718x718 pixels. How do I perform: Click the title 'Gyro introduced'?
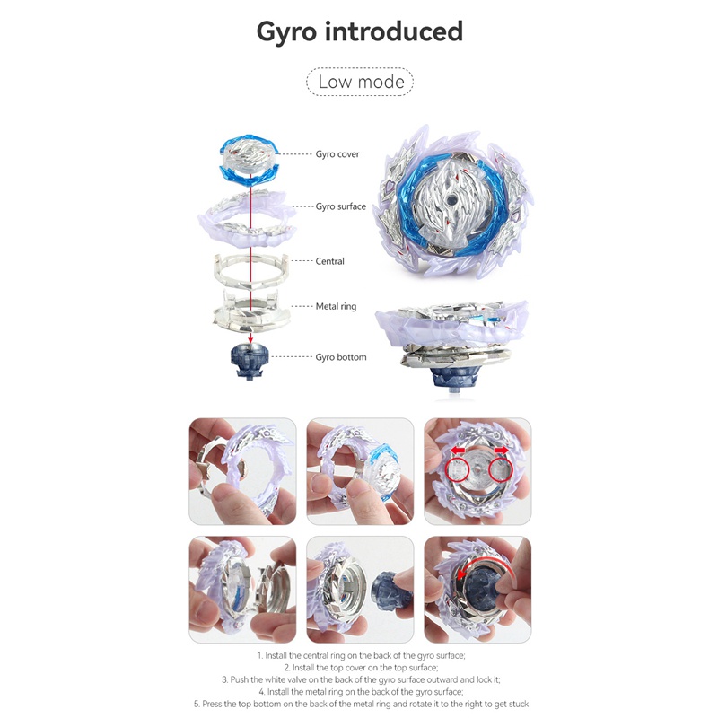coord(359,32)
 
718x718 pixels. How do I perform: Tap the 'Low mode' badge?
coord(360,83)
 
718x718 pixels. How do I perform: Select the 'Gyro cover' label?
coord(337,154)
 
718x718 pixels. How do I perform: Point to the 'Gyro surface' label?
coord(341,206)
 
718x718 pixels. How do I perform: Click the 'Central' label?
coord(330,261)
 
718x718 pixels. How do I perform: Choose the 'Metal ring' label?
coord(336,306)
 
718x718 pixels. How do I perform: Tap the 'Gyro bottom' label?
coord(341,357)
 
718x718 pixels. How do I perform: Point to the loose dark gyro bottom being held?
coord(387,593)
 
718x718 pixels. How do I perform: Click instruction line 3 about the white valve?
coord(359,679)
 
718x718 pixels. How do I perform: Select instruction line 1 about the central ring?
coord(359,656)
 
